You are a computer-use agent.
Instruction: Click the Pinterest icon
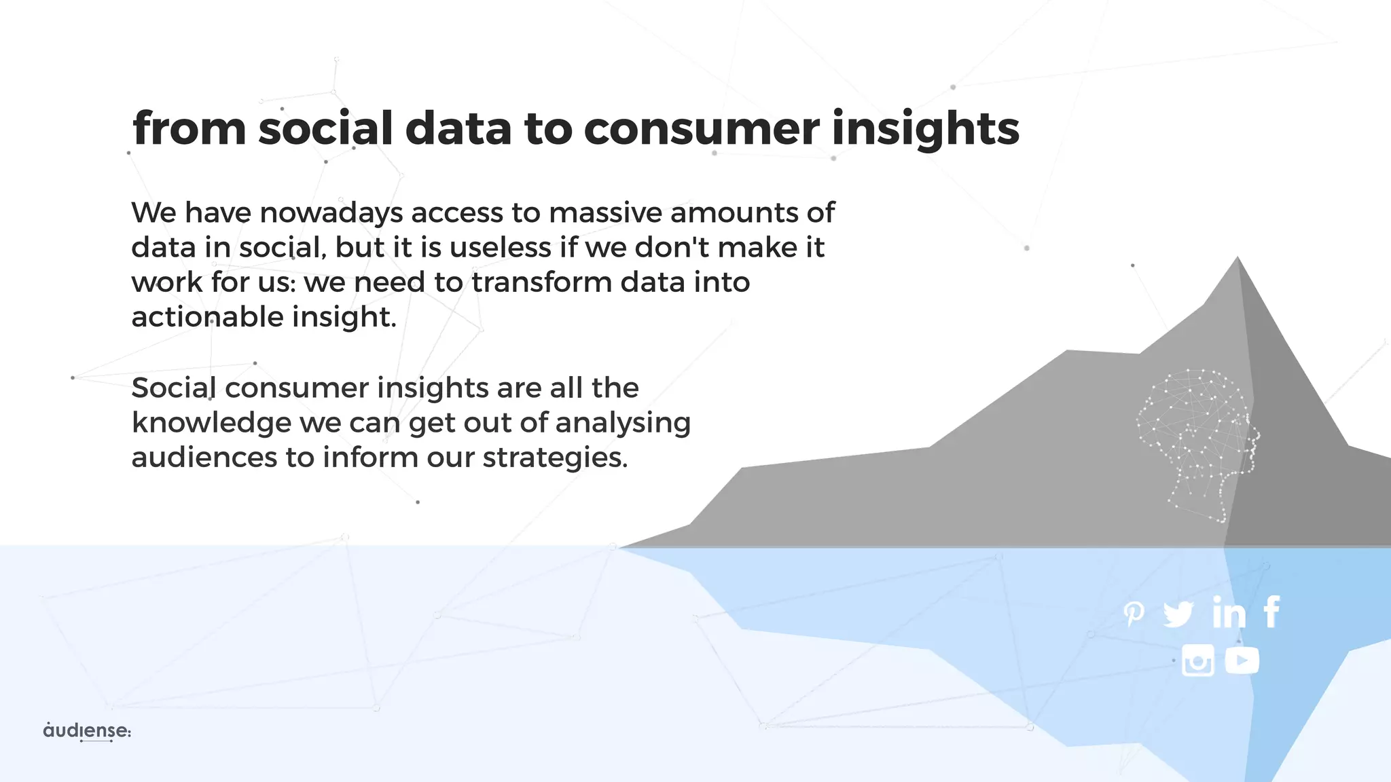click(x=1133, y=614)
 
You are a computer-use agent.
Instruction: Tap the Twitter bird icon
click(x=1178, y=614)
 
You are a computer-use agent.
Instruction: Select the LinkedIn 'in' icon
click(x=1229, y=612)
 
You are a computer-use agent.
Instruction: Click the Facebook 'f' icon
click(x=1272, y=612)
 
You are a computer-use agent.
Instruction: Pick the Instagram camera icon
click(x=1197, y=660)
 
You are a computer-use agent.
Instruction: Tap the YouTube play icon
click(x=1242, y=660)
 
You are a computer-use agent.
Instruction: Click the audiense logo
click(x=86, y=731)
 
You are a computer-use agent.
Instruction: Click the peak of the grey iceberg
click(x=1238, y=259)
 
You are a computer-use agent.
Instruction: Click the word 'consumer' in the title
click(x=701, y=128)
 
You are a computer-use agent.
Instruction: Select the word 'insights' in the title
click(x=925, y=128)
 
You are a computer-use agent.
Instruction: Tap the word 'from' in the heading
click(x=189, y=128)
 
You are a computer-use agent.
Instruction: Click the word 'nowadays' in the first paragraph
click(x=331, y=213)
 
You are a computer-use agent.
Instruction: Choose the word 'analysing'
click(x=623, y=423)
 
